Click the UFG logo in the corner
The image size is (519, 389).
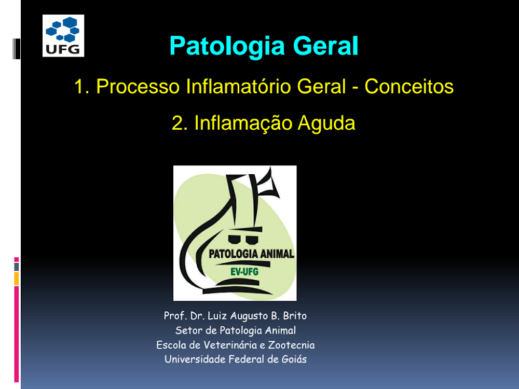click(x=63, y=36)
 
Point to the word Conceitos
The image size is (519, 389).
click(x=409, y=87)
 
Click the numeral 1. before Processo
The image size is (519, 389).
click(x=82, y=87)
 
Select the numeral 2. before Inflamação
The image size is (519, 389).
click(x=180, y=123)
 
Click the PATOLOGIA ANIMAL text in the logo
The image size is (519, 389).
click(x=251, y=254)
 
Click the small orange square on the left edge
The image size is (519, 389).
click(x=17, y=279)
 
